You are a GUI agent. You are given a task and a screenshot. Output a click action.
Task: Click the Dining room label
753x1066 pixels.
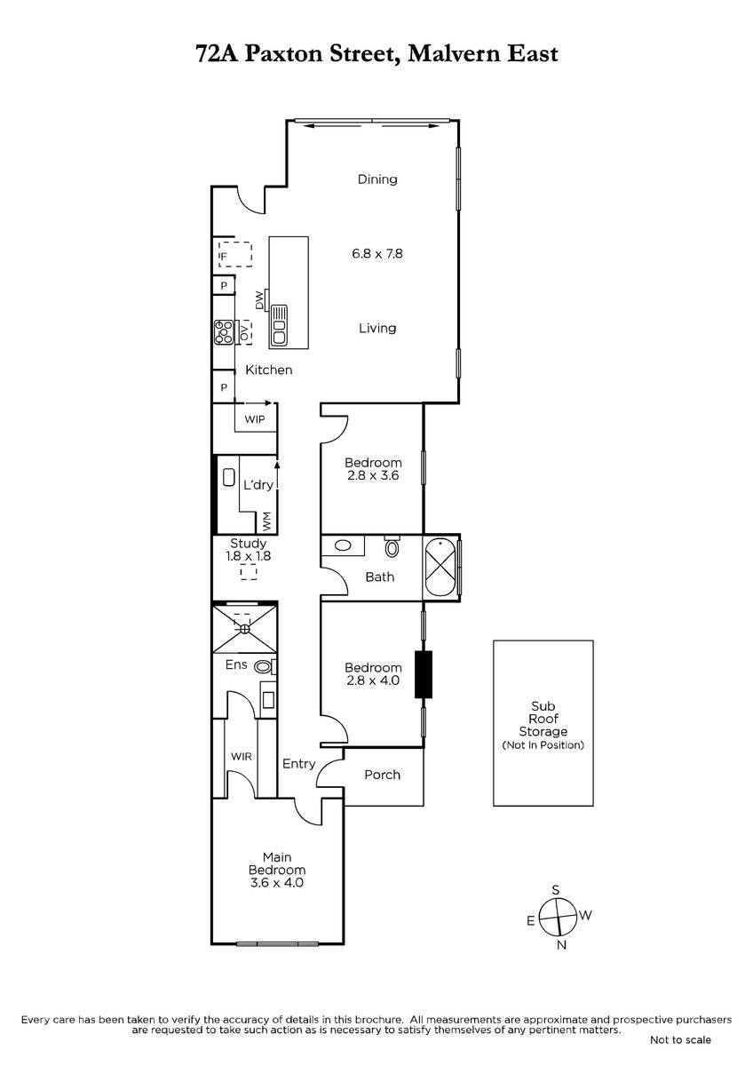click(x=377, y=179)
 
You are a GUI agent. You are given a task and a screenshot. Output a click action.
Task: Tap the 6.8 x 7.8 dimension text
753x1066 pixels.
click(x=377, y=254)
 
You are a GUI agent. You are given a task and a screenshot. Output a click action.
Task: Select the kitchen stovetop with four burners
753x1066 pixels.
click(x=224, y=332)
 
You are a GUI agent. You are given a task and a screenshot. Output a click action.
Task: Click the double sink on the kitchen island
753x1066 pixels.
click(x=279, y=326)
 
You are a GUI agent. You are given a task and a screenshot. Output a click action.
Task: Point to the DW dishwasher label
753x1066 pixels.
click(x=259, y=300)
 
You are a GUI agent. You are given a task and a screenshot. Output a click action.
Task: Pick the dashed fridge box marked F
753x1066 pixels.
click(x=235, y=255)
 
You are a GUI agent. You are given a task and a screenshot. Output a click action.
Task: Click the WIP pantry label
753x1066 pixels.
click(x=255, y=419)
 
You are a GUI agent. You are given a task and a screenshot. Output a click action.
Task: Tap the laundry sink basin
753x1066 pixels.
click(x=229, y=477)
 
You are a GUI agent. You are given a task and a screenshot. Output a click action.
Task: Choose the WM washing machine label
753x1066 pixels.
click(x=266, y=521)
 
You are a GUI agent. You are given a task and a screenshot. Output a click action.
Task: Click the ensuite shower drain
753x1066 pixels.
click(x=244, y=629)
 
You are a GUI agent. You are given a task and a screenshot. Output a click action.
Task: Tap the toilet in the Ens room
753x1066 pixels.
click(x=264, y=666)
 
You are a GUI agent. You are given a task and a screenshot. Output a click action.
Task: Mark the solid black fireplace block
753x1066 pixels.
click(x=423, y=674)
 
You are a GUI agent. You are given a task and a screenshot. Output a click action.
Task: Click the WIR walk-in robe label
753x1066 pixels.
click(x=242, y=757)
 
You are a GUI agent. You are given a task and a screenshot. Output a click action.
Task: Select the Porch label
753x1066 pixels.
click(x=382, y=776)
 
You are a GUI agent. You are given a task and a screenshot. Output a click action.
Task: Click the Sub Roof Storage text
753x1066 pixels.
click(x=543, y=719)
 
